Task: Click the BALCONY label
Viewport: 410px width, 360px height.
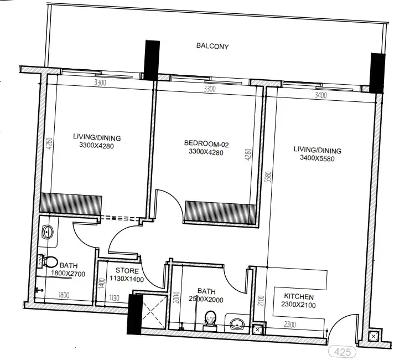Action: (x=212, y=46)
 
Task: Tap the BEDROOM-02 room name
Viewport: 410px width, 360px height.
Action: (x=206, y=144)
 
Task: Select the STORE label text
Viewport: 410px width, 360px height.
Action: (x=127, y=271)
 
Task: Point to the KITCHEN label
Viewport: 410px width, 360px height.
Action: (x=299, y=297)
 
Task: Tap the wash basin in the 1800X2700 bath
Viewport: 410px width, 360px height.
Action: (x=48, y=232)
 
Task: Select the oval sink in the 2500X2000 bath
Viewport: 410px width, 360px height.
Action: (x=238, y=323)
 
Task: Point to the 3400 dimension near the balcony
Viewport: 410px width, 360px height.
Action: (x=320, y=95)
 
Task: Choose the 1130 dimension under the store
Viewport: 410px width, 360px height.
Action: (x=115, y=297)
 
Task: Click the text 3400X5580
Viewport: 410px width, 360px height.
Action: (x=317, y=158)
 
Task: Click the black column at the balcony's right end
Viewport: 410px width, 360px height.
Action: (x=377, y=73)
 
